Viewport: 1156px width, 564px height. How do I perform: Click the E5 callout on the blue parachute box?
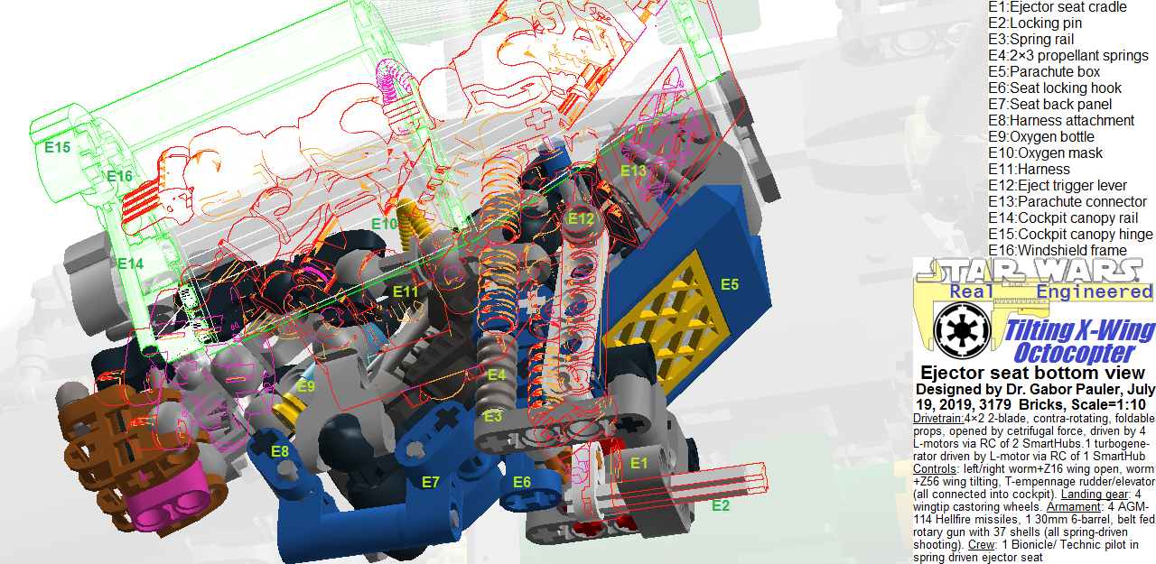(x=730, y=285)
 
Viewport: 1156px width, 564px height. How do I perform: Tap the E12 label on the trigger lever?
(x=581, y=218)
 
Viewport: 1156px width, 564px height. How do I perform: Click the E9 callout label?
(x=307, y=386)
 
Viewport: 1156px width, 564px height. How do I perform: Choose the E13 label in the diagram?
(x=633, y=171)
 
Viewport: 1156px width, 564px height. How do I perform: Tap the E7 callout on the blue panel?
(x=431, y=482)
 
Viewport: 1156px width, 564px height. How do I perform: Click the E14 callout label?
(x=130, y=264)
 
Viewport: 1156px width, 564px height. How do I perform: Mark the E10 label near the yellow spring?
(x=384, y=224)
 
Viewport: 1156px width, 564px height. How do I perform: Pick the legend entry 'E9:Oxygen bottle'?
(x=1041, y=136)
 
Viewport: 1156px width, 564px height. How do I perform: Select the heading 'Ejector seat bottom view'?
(x=1032, y=373)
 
